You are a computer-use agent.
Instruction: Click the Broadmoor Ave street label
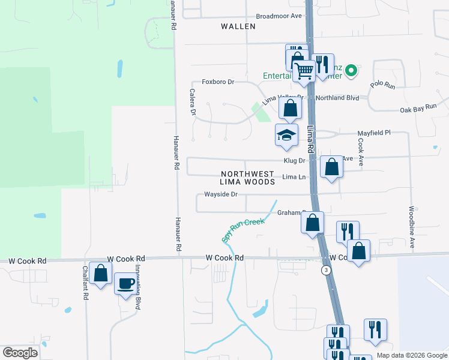pyautogui.click(x=279, y=16)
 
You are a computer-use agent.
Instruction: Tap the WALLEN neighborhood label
pyautogui.click(x=238, y=26)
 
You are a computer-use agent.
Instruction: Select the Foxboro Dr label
pyautogui.click(x=217, y=82)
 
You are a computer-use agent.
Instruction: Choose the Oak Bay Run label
pyautogui.click(x=418, y=107)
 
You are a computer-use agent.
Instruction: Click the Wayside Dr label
pyautogui.click(x=221, y=194)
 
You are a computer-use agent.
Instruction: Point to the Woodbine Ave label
pyautogui.click(x=412, y=227)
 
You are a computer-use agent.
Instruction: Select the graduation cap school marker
pyautogui.click(x=287, y=136)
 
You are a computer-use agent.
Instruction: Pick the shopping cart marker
pyautogui.click(x=304, y=71)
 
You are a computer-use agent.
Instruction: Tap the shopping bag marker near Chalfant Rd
pyautogui.click(x=101, y=273)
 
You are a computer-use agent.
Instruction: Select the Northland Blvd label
pyautogui.click(x=337, y=97)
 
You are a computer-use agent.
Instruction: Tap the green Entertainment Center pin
pyautogui.click(x=352, y=70)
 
